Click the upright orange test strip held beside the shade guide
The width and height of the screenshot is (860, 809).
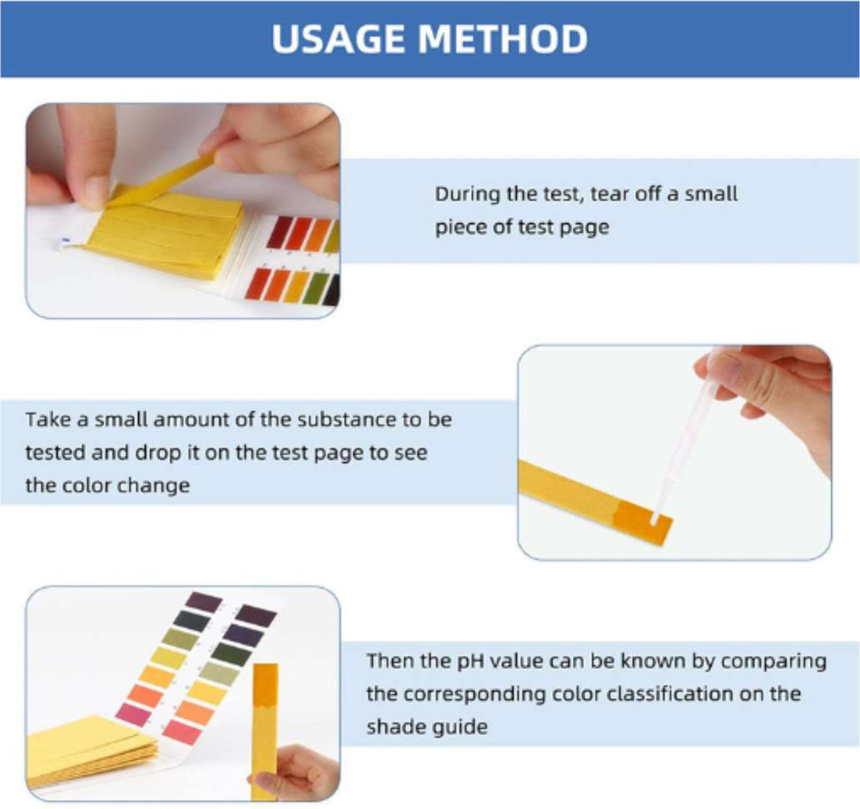pos(265,716)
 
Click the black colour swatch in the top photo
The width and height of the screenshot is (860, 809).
pos(331,290)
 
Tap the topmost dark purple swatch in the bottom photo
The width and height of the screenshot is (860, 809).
pos(204,601)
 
